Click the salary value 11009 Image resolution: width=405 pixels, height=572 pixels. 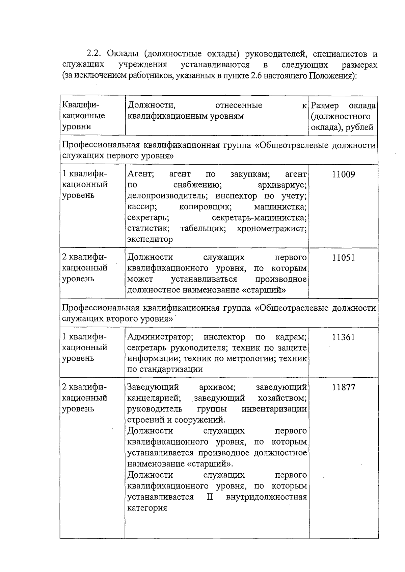click(343, 174)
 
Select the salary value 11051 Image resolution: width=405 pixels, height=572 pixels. click(343, 258)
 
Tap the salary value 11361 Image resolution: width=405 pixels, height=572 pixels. click(343, 337)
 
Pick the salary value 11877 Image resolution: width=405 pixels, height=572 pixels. click(343, 387)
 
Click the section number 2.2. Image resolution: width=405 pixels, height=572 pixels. click(94, 54)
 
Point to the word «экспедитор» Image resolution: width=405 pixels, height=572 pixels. click(150, 239)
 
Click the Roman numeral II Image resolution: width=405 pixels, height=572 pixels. click(209, 497)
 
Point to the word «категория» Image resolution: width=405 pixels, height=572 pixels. click(147, 508)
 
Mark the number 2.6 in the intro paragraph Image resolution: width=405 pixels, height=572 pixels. click(256, 76)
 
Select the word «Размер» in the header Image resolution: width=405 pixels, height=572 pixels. click(325, 106)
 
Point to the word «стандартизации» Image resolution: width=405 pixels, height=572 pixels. click(169, 369)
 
